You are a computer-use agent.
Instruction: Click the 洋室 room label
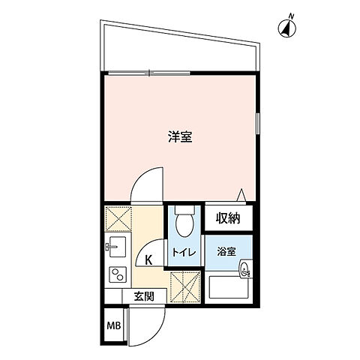(x=180, y=137)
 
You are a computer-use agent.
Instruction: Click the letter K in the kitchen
(x=148, y=261)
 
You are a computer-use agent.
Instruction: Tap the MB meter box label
(x=113, y=325)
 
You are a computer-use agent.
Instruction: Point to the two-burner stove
(x=117, y=273)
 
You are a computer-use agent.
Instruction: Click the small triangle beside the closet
(x=242, y=195)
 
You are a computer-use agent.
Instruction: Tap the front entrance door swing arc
(x=145, y=322)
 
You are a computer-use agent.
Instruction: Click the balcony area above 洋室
(x=180, y=49)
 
